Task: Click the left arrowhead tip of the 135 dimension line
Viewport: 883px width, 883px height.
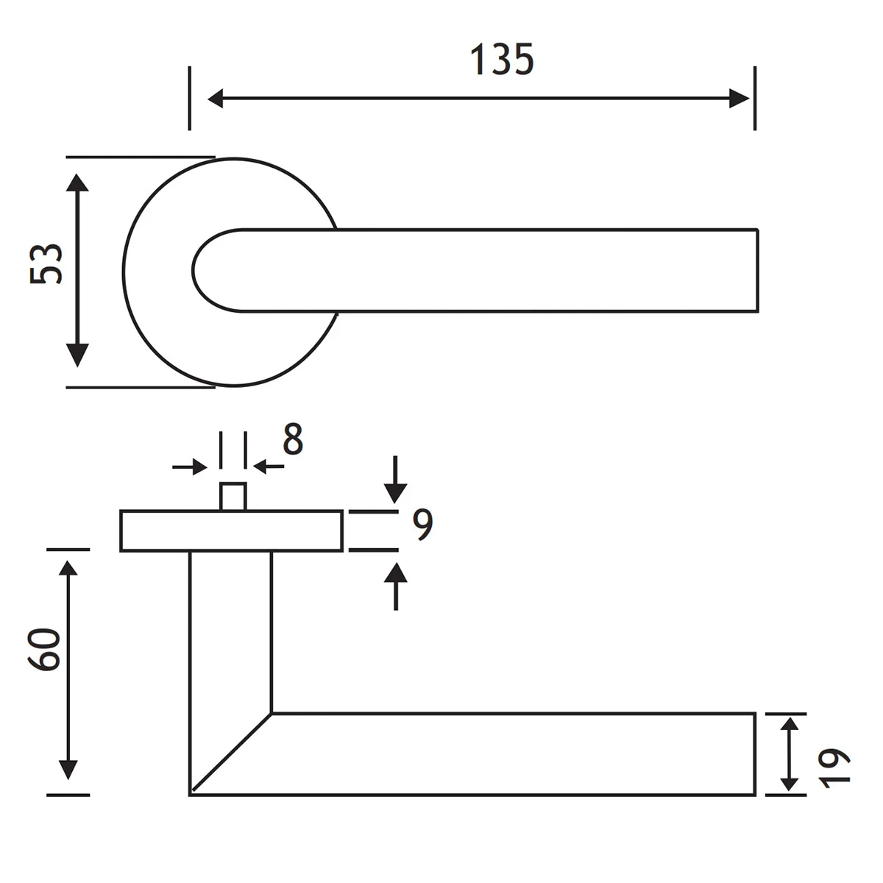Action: coord(208,99)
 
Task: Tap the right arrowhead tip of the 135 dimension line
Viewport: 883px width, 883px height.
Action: coord(749,99)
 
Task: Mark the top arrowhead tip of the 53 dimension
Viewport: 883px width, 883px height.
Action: coord(77,174)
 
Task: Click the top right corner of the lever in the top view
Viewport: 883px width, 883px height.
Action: coord(757,229)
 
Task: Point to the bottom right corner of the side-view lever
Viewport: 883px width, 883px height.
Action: coord(755,795)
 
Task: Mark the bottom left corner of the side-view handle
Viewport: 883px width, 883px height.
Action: coord(190,795)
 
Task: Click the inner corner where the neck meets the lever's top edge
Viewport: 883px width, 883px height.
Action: coord(272,714)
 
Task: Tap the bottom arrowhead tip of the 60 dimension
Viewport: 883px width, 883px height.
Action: coord(68,779)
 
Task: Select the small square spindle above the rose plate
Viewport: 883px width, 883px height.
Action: coord(233,497)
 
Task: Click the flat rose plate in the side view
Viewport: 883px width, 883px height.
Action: coord(231,531)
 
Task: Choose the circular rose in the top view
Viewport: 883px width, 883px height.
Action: coord(231,272)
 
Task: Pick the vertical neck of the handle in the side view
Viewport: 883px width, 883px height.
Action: coord(230,632)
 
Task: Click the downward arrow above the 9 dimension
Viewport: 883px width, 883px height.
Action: coord(395,480)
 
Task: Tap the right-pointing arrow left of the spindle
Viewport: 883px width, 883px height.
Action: coord(190,467)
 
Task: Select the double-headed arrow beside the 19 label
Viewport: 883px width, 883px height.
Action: coord(789,754)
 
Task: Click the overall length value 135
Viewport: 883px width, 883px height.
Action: coord(503,60)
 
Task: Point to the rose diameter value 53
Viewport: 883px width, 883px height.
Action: coord(46,264)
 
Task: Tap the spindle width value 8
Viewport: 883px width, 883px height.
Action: coord(294,439)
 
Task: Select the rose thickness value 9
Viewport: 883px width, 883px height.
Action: coord(422,525)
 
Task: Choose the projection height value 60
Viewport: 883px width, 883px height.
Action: coord(44,650)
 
